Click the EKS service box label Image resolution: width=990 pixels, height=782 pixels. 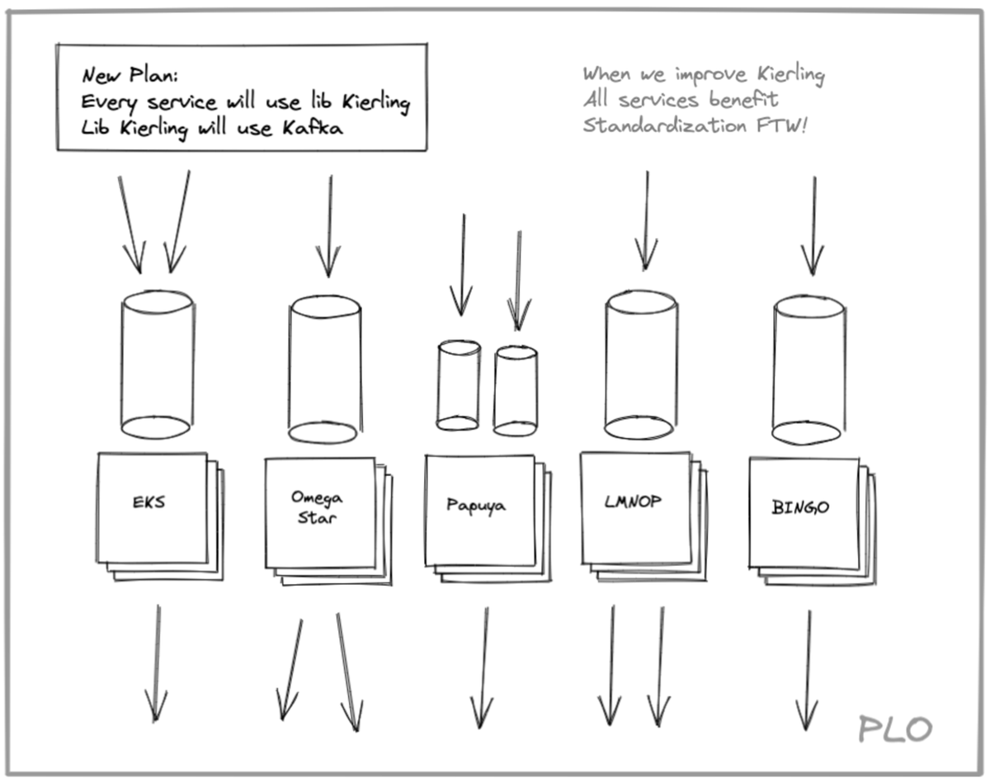click(x=148, y=501)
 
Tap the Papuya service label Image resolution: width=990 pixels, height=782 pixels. click(x=476, y=505)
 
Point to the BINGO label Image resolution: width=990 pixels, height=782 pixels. click(x=800, y=507)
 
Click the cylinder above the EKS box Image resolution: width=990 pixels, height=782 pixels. click(x=157, y=364)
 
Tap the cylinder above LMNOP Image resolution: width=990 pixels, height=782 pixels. click(x=641, y=364)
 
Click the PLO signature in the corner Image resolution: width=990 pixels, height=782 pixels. click(x=894, y=728)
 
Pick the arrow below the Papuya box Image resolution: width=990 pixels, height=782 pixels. click(x=483, y=668)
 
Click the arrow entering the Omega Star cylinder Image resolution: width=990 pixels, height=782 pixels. click(x=329, y=226)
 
